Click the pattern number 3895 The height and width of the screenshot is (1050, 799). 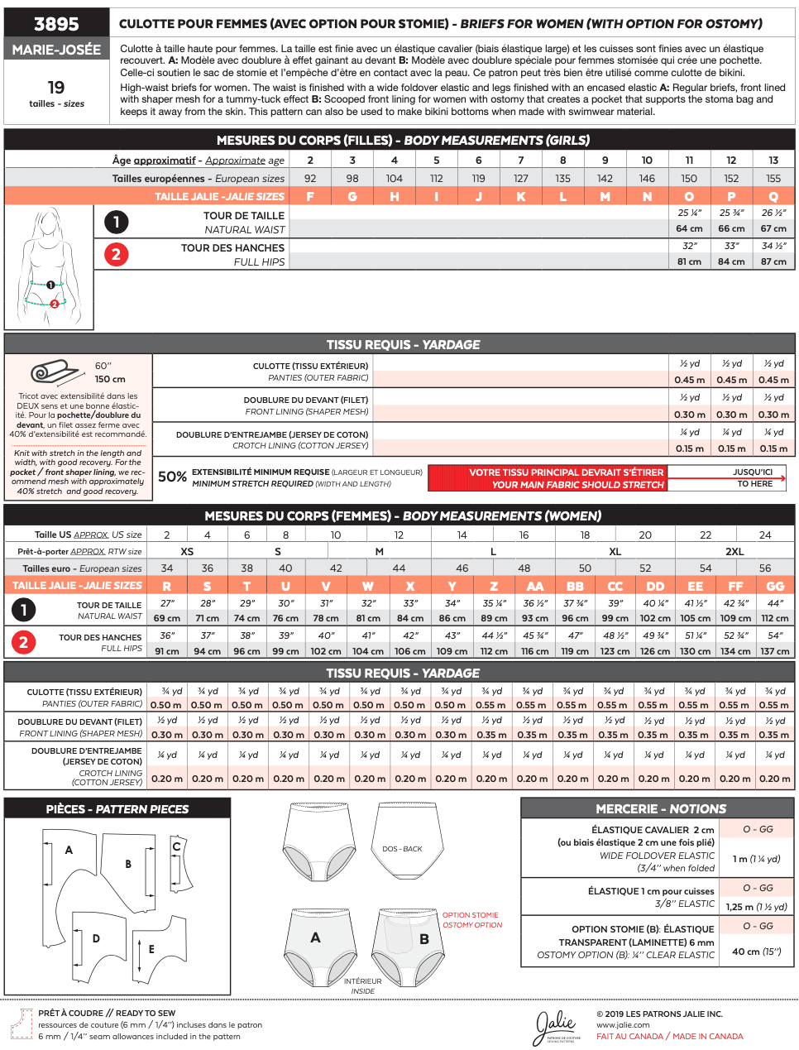coord(56,24)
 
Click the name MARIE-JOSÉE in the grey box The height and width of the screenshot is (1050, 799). coord(56,50)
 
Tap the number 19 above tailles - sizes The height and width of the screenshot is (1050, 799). coord(56,88)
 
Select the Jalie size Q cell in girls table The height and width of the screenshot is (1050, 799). coord(773,196)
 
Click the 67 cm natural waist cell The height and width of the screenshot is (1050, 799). coord(773,228)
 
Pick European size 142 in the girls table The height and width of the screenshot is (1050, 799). coord(605,178)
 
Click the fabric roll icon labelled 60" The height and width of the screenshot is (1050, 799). coord(53,372)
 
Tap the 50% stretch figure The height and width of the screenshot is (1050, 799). coord(172,477)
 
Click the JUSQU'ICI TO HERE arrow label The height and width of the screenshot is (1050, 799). coord(754,477)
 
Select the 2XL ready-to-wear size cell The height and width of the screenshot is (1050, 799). coord(734,551)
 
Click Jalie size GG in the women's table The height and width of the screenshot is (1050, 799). coord(775,586)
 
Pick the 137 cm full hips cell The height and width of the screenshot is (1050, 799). coord(775,651)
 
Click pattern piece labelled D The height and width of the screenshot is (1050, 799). coord(96,938)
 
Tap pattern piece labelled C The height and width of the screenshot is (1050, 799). coord(176,846)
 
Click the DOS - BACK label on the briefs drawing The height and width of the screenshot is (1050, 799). coord(402,849)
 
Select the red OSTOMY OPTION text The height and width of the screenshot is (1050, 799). coord(472,925)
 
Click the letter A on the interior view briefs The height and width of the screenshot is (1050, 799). coord(315,937)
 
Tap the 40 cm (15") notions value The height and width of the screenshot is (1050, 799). coord(756,951)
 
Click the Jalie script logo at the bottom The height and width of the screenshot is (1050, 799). coord(556,1027)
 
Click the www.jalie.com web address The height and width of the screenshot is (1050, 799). coord(623,1025)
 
